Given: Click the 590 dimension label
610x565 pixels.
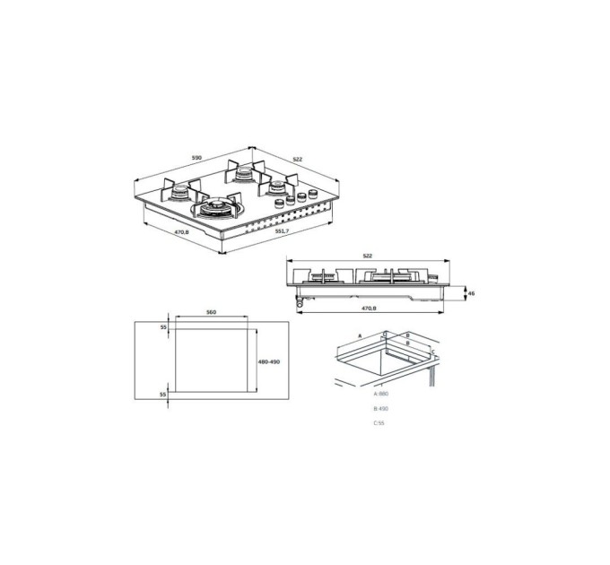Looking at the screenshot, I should (x=196, y=158).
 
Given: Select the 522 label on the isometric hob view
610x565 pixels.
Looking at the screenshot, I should (x=297, y=160).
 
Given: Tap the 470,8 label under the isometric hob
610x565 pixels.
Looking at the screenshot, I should (x=181, y=232).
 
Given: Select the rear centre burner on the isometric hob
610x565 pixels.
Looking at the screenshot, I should (x=242, y=174).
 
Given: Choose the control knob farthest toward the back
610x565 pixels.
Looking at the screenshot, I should (x=313, y=192).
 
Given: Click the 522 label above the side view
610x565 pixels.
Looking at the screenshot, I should (x=368, y=256).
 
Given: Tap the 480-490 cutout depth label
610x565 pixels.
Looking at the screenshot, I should (x=269, y=361).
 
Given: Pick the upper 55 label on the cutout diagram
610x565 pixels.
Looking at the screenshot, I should (x=163, y=328).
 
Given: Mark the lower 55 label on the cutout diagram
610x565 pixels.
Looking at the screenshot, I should (x=163, y=395).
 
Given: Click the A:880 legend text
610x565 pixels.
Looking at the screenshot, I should (x=380, y=395).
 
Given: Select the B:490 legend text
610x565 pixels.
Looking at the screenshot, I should (x=380, y=409).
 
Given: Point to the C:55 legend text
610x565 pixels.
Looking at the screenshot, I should (x=379, y=423).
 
